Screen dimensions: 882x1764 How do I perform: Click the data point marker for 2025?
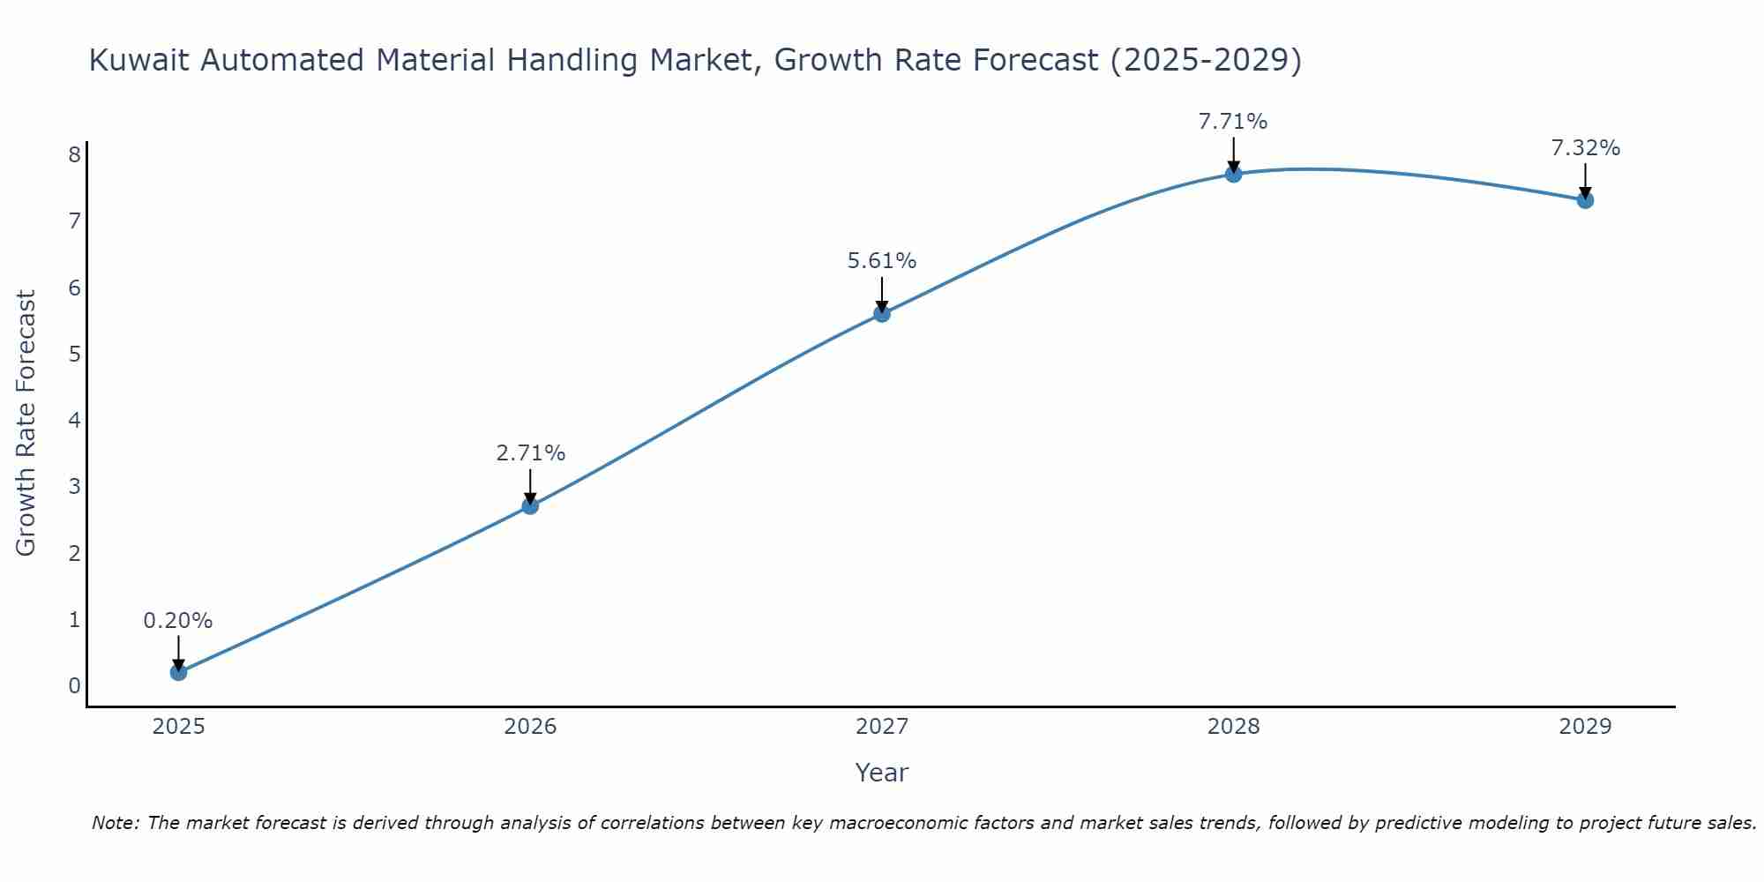tap(178, 672)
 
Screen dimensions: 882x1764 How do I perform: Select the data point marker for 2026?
tap(530, 505)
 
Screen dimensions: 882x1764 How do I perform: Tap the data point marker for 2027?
tap(882, 313)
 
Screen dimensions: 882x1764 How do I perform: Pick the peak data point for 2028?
tap(1233, 174)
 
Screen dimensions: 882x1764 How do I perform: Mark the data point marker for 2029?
tap(1585, 200)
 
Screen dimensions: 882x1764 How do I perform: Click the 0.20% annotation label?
tap(178, 620)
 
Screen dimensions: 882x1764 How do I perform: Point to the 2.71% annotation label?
tap(530, 452)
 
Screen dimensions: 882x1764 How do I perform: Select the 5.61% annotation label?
tap(882, 260)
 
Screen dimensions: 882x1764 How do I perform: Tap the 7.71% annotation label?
tap(1233, 121)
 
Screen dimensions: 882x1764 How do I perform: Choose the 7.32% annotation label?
tap(1585, 147)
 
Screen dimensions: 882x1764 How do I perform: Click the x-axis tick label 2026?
tap(530, 726)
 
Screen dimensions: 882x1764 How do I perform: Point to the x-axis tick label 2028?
tap(1233, 726)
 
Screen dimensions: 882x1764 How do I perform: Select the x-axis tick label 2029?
tap(1585, 726)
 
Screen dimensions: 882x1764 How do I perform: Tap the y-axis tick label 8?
tap(74, 154)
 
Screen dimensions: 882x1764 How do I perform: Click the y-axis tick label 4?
tap(74, 420)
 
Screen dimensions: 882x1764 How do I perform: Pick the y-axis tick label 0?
tap(74, 685)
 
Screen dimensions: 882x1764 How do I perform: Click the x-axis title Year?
tap(882, 773)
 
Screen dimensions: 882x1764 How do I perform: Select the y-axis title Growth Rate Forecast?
tap(26, 423)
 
